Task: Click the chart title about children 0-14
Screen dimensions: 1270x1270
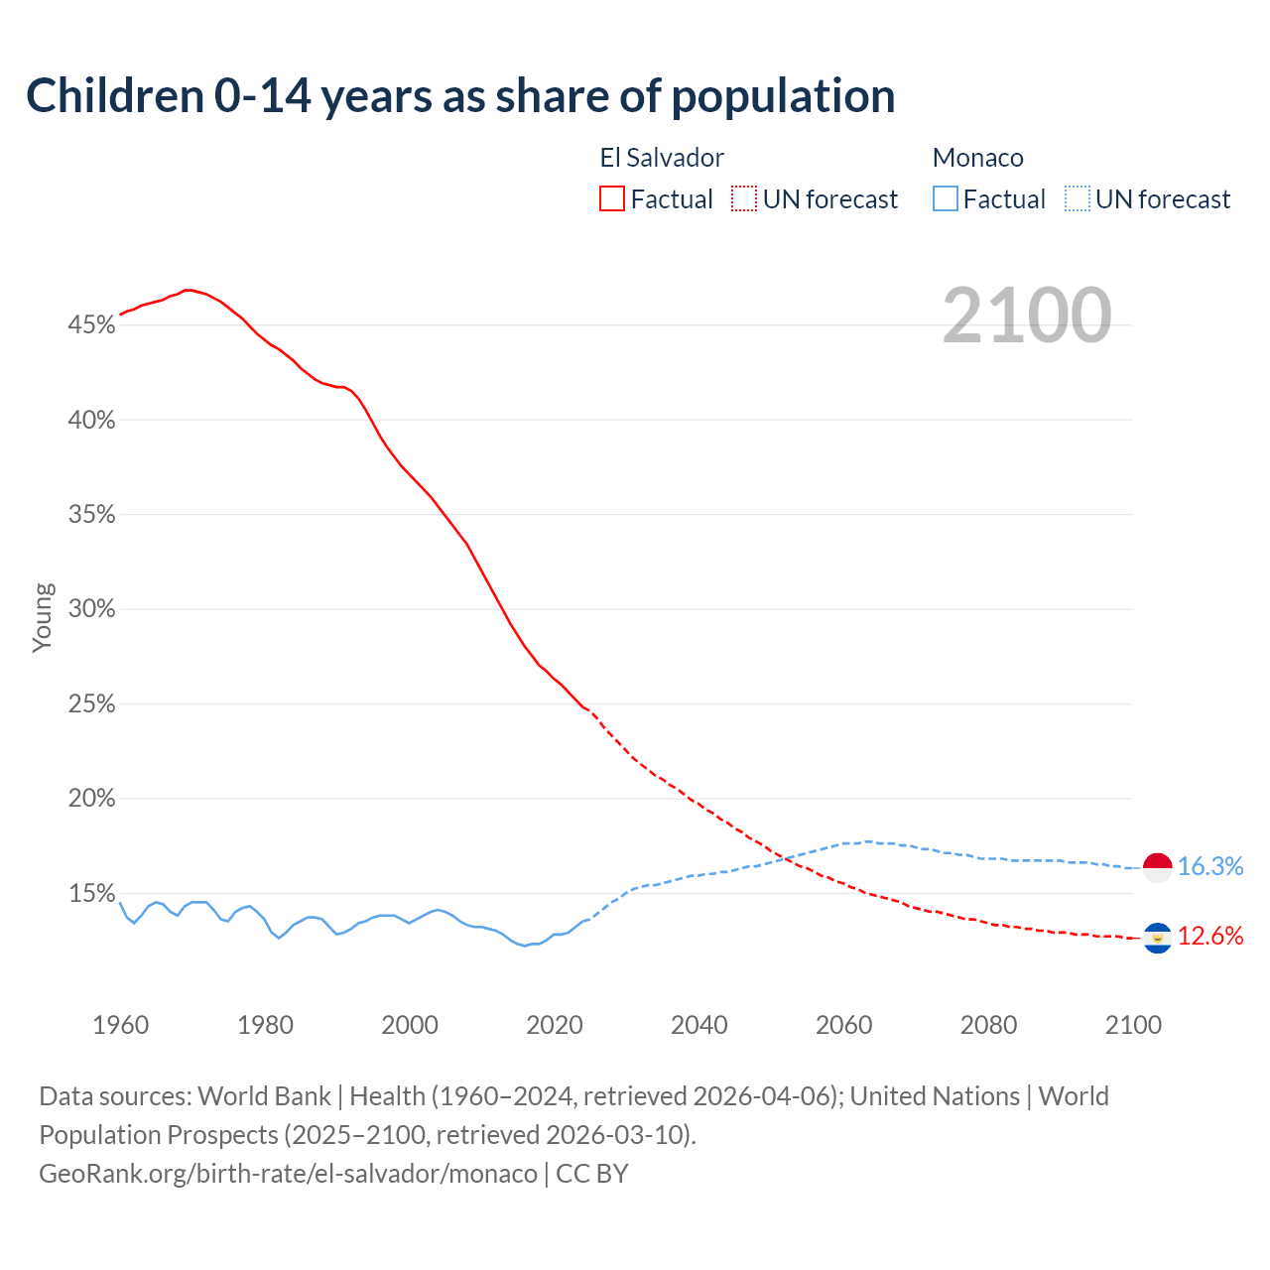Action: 460,96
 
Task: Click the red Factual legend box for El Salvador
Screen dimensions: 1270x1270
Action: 612,198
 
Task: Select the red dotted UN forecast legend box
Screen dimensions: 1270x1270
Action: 744,198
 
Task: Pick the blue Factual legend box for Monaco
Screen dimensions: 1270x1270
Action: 946,198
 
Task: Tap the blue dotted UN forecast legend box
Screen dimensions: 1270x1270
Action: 1078,198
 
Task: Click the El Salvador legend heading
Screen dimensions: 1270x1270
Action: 662,158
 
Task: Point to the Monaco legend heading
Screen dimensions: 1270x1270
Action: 977,158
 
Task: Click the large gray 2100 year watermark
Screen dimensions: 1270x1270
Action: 1026,316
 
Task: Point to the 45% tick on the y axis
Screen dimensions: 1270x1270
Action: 91,324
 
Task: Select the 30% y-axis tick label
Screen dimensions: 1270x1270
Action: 91,608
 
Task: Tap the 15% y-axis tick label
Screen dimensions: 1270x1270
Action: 91,893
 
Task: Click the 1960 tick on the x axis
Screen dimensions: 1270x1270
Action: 120,1024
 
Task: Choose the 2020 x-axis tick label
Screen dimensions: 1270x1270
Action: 555,1024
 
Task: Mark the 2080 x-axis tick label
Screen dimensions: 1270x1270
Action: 988,1024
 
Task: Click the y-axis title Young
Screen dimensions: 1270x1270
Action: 43,618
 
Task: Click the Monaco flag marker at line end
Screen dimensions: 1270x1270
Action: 1158,867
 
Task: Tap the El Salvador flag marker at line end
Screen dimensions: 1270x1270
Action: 1158,937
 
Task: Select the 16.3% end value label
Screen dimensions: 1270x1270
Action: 1210,866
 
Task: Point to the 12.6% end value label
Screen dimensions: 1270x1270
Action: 1210,936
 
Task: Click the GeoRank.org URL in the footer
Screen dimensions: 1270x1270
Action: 288,1173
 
